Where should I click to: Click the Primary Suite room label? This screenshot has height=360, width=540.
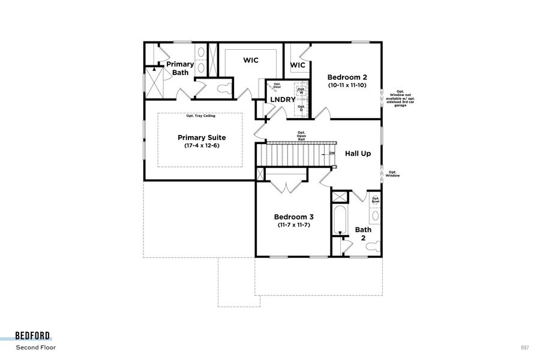click(x=200, y=137)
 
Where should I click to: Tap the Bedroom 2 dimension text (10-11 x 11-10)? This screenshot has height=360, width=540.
click(x=347, y=86)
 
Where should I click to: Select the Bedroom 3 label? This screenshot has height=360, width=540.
click(x=294, y=217)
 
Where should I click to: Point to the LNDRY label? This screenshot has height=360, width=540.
click(x=282, y=100)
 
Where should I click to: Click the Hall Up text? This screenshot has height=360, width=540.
click(x=358, y=154)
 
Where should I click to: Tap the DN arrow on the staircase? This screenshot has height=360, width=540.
click(x=331, y=154)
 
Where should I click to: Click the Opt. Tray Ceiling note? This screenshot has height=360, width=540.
click(x=200, y=116)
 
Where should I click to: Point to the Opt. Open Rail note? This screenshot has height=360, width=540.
click(x=301, y=136)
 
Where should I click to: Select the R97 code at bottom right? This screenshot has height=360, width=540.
click(x=524, y=347)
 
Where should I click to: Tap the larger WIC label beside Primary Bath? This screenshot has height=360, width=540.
click(x=251, y=60)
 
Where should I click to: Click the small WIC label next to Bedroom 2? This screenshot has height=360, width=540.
click(x=298, y=65)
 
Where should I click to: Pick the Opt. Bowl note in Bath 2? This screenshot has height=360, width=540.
click(x=376, y=200)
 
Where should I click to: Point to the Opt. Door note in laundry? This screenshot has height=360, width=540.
click(x=277, y=86)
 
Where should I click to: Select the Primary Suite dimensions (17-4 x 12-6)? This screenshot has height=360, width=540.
click(x=200, y=146)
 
